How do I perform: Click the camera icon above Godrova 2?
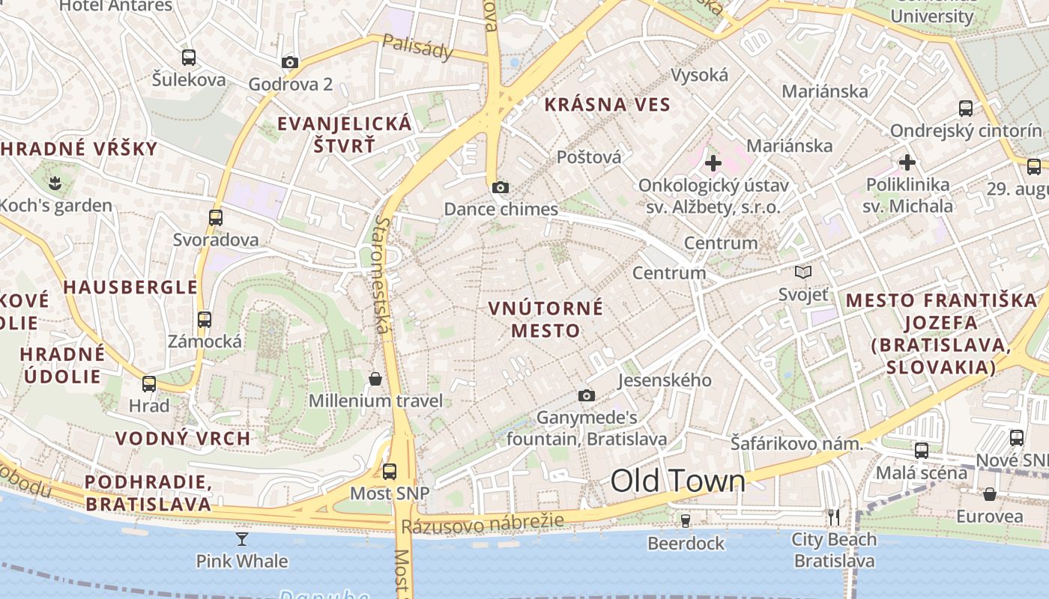290,62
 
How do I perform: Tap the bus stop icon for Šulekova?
189,57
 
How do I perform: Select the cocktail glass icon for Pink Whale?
242,538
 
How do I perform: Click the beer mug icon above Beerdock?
685,520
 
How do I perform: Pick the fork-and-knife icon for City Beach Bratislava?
833,516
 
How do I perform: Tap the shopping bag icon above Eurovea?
990,494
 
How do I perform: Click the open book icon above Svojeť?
803,272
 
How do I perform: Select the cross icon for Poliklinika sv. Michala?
907,162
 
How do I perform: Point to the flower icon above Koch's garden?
54,182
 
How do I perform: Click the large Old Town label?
677,481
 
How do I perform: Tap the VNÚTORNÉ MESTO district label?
545,319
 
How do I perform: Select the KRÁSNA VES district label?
607,105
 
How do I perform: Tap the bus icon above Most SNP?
390,471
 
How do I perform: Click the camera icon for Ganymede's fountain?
587,395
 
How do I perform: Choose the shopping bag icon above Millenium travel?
375,379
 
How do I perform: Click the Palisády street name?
417,46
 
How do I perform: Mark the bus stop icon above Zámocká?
205,319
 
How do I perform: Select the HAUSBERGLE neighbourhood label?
130,287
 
